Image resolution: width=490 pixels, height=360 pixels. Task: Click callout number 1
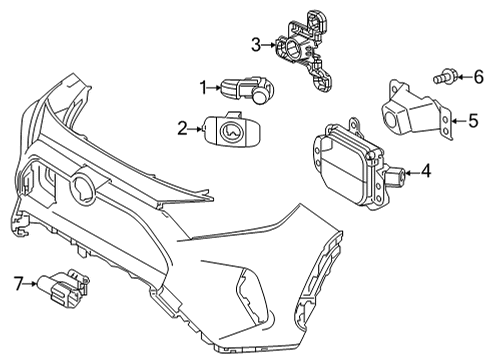203,88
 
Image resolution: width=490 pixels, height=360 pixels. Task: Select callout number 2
183,127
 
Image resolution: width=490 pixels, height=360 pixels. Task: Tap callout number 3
255,44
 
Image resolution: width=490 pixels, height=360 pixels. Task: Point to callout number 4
426,171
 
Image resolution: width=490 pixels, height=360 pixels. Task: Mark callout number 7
17,285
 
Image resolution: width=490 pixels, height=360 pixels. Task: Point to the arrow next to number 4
412,172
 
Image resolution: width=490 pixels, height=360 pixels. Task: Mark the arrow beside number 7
30,285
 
